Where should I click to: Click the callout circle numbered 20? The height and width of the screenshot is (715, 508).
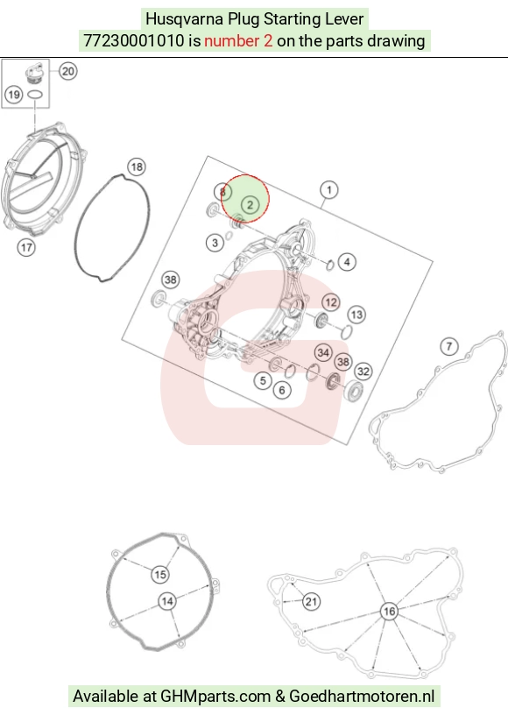point(68,72)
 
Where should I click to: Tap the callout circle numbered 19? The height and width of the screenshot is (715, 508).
point(14,95)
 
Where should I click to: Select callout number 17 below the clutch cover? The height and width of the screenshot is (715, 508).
point(26,248)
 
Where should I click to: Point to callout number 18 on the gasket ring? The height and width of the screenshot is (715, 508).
point(137,166)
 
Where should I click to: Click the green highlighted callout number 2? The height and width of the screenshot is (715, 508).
point(250,205)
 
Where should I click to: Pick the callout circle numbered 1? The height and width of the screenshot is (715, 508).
point(329,189)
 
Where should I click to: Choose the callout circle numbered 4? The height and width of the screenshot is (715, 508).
point(347,262)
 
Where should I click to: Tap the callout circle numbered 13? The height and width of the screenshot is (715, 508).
point(356,315)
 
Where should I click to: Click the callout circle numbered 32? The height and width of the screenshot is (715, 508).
point(363,372)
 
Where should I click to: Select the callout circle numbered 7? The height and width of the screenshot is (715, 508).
point(449,347)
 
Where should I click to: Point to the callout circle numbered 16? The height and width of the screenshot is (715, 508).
point(389,612)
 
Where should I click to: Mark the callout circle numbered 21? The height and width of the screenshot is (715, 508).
point(311,602)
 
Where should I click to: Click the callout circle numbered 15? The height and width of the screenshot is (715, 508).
point(160,575)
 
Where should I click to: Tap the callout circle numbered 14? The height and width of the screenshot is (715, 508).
point(167,601)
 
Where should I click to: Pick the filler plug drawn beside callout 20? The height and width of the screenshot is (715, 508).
point(34,74)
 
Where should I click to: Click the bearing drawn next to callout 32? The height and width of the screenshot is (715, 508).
point(354,392)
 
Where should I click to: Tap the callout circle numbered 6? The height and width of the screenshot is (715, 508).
point(282,390)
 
